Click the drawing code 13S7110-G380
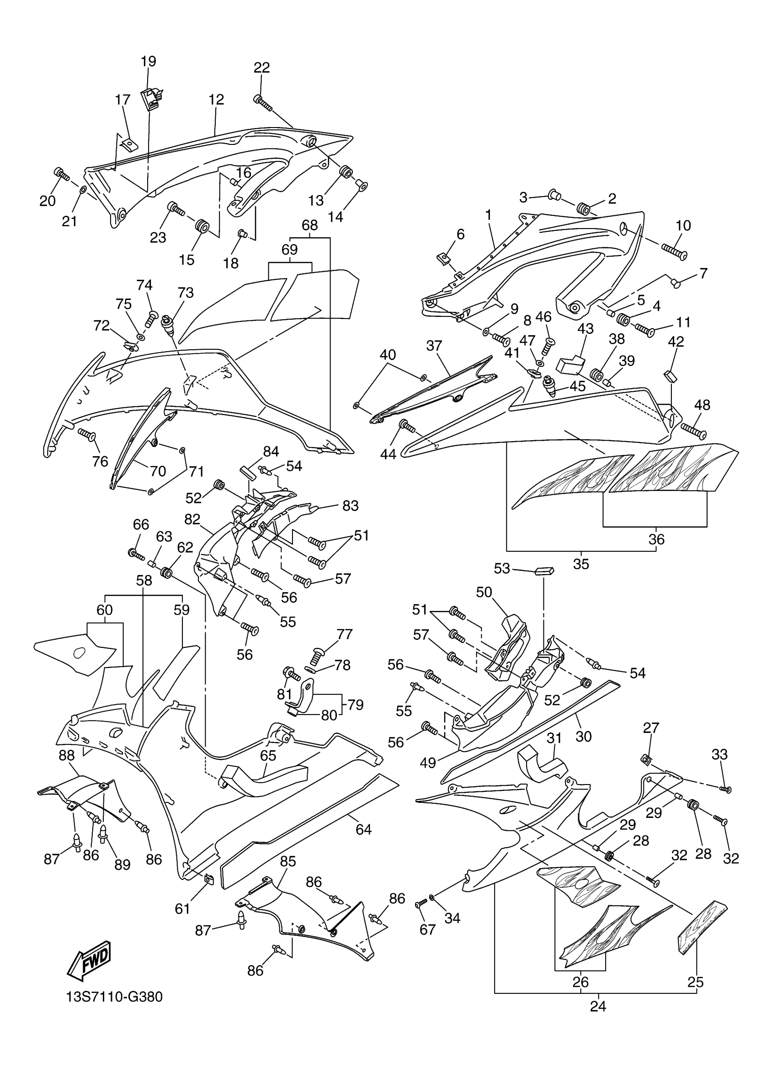pos(114,997)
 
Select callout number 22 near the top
pos(261,68)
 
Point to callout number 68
pos(310,225)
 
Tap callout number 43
pos(585,328)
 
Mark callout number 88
pos(67,755)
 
